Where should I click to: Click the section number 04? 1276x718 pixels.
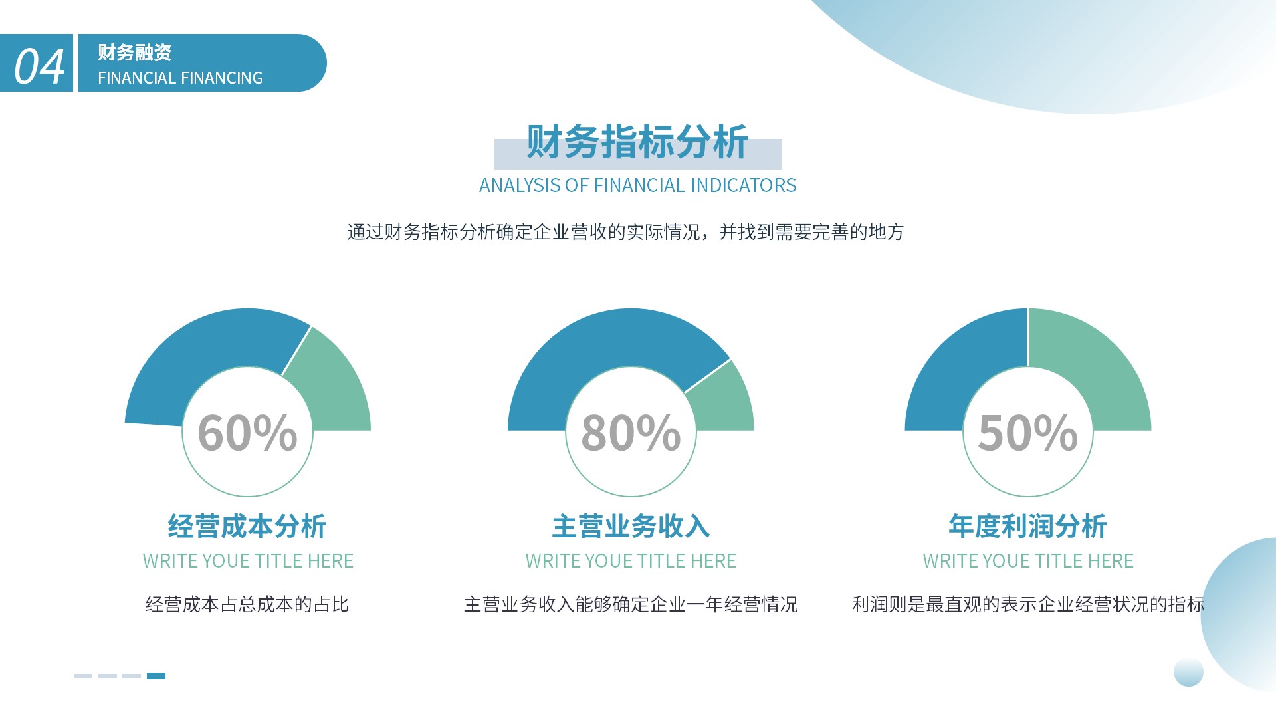pos(39,66)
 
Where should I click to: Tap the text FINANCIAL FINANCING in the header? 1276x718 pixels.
pos(180,78)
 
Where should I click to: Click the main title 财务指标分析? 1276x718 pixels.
pos(637,142)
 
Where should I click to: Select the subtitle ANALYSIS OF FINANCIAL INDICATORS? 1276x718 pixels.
pos(637,185)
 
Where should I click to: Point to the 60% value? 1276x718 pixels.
pos(247,433)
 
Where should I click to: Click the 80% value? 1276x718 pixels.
pos(631,433)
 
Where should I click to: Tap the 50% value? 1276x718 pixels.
pos(1027,433)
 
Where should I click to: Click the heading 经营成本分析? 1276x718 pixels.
pos(247,526)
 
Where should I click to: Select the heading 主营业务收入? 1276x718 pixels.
pos(631,526)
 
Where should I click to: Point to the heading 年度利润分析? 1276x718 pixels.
pos(1027,526)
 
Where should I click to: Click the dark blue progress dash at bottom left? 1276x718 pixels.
pos(156,676)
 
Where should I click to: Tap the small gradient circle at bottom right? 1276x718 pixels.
pos(1188,672)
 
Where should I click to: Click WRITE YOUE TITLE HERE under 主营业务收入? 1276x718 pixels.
pos(631,561)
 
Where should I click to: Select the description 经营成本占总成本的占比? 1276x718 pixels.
pos(247,604)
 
